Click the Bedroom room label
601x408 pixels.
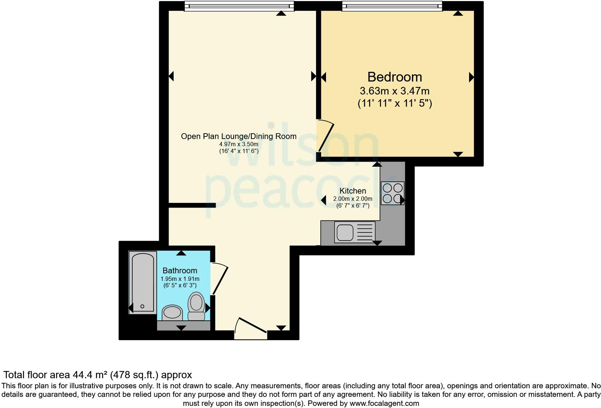(x=394, y=77)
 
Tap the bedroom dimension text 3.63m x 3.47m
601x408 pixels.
(x=394, y=91)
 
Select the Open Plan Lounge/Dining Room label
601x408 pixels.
(x=238, y=136)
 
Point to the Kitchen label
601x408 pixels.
(x=353, y=191)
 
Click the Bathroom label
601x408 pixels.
(x=180, y=270)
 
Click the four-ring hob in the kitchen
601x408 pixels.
(x=393, y=193)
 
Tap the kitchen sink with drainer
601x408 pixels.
(x=354, y=232)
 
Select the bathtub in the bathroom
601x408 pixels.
(x=142, y=282)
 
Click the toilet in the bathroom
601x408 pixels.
(x=196, y=306)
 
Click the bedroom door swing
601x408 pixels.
(x=325, y=136)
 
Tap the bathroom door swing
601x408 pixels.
(x=219, y=279)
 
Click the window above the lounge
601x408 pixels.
(x=239, y=6)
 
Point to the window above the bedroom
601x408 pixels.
(x=392, y=6)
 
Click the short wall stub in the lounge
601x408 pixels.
(x=192, y=205)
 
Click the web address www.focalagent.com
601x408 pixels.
(x=384, y=403)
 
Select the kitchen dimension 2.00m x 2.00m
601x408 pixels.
(x=353, y=199)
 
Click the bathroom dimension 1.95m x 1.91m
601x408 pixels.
(x=180, y=279)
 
